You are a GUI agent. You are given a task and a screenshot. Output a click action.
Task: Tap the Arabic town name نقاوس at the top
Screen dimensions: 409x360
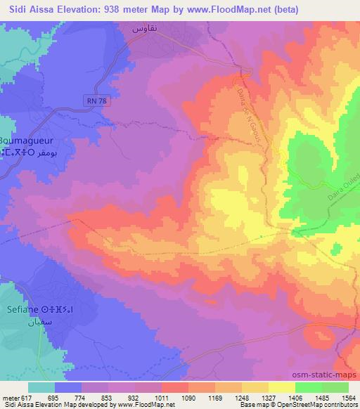pyautogui.click(x=148, y=29)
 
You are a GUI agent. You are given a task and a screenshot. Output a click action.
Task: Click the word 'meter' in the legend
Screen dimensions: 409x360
pyautogui.click(x=10, y=397)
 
